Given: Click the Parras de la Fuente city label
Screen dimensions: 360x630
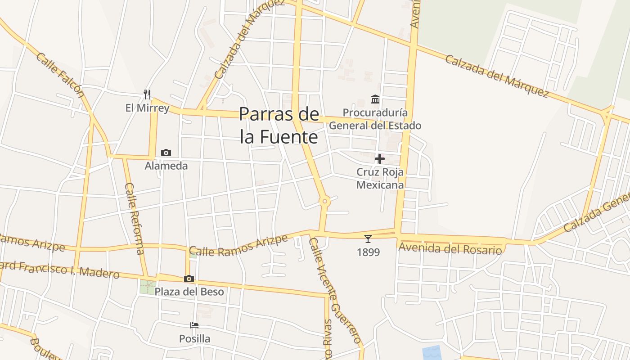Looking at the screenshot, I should (x=279, y=125).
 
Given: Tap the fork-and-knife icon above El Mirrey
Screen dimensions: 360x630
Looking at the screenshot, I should (x=147, y=94).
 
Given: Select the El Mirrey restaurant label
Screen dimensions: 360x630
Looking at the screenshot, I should (x=147, y=108).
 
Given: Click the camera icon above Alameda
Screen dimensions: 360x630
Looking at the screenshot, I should (x=166, y=153).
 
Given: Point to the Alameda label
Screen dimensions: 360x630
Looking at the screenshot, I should (x=166, y=166).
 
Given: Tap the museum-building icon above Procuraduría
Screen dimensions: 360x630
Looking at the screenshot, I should (x=375, y=99).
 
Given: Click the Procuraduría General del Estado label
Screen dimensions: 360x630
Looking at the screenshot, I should (x=375, y=119).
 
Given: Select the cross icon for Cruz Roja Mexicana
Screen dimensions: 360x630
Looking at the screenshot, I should (x=380, y=158).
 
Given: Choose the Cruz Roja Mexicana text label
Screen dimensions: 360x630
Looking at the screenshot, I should (x=380, y=178).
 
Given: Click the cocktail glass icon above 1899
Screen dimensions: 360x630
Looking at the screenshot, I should (x=368, y=238).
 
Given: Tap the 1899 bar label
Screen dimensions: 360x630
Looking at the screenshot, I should (x=368, y=252).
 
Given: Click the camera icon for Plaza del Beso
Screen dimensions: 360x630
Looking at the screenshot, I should (x=189, y=279).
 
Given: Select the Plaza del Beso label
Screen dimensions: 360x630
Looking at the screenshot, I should (x=189, y=292).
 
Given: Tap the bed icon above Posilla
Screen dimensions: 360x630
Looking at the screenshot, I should (x=194, y=325).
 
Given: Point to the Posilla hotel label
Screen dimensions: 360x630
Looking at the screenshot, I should (x=194, y=338).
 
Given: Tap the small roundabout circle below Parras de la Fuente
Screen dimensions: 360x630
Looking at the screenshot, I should (x=324, y=202).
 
